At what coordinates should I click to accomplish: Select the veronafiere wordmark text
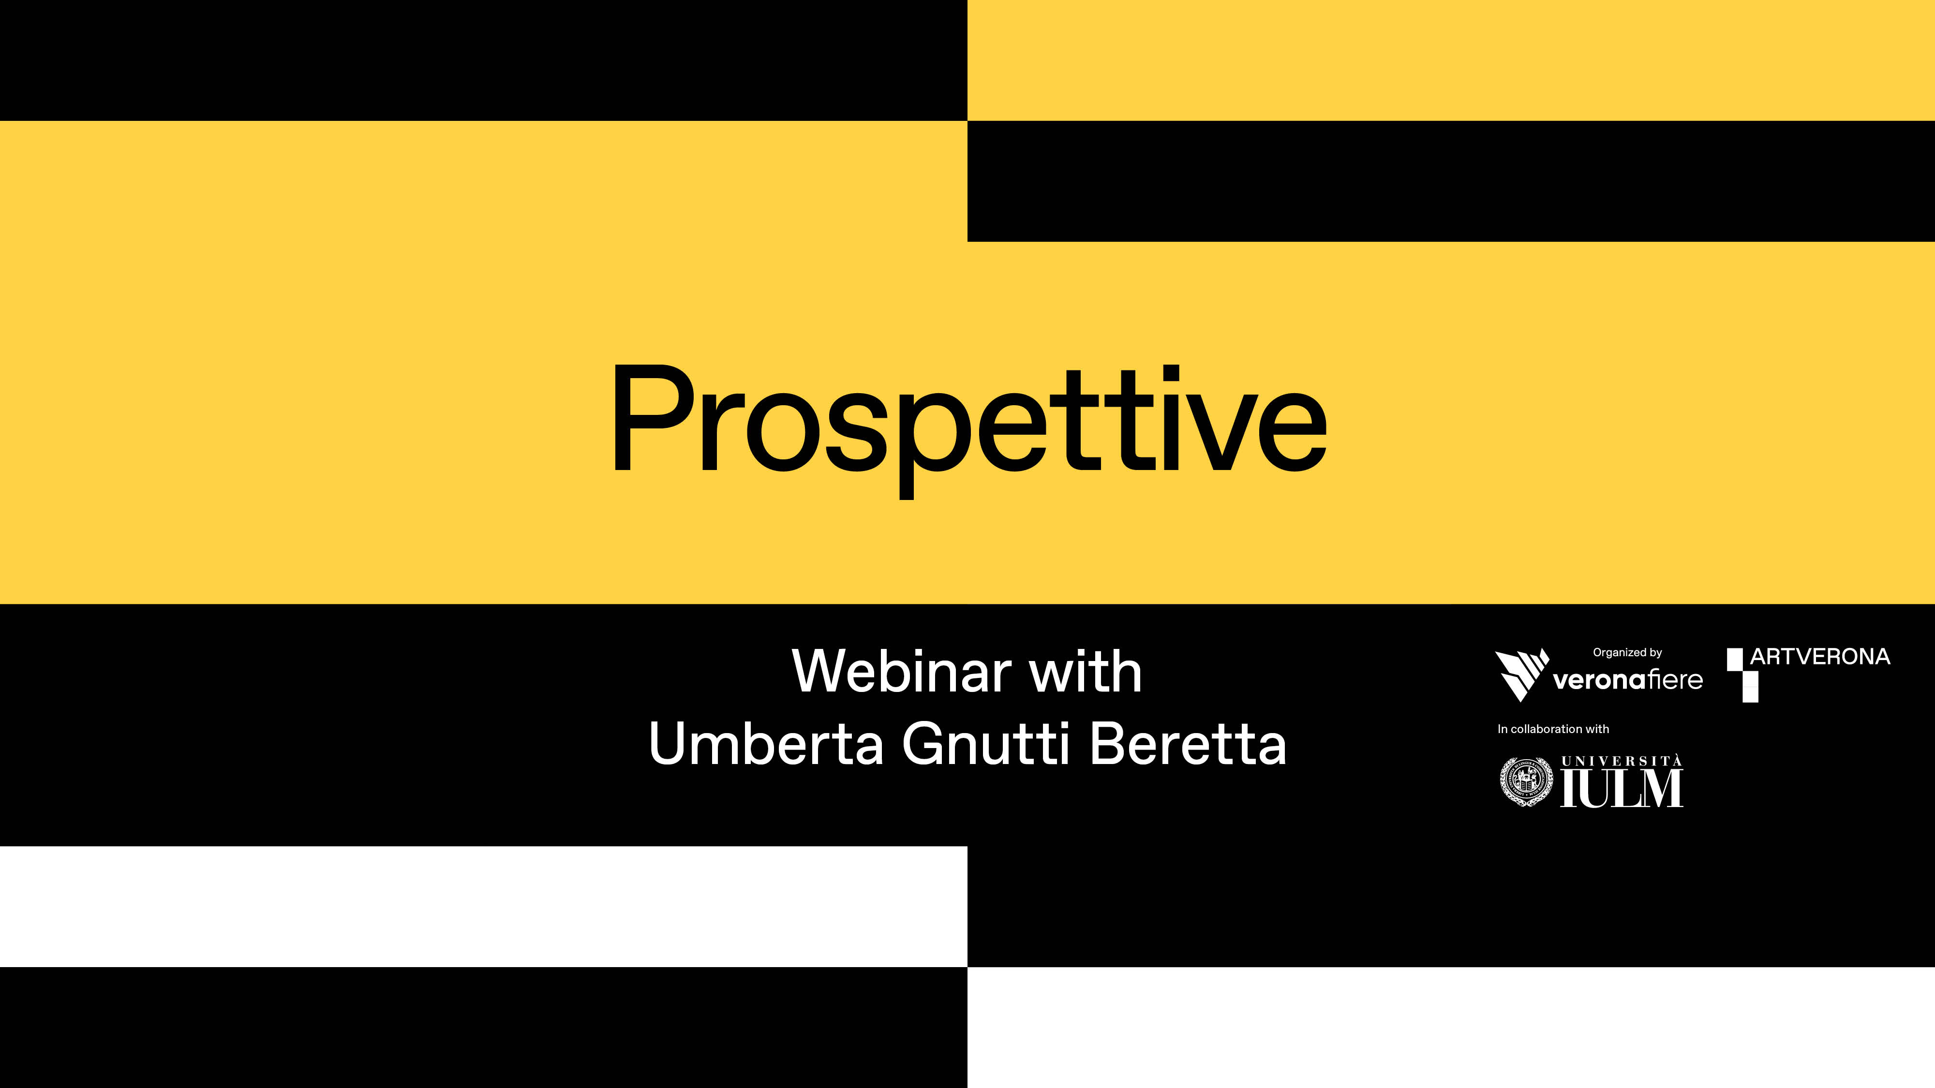[x=1628, y=680]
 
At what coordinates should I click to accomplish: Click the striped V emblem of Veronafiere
[x=1521, y=674]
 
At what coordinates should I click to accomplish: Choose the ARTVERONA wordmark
[x=1820, y=657]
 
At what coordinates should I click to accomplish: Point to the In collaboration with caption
[x=1553, y=729]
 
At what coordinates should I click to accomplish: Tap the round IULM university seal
[x=1526, y=781]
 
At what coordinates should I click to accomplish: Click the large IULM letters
[x=1622, y=788]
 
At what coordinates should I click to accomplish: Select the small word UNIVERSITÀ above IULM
[x=1622, y=761]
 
